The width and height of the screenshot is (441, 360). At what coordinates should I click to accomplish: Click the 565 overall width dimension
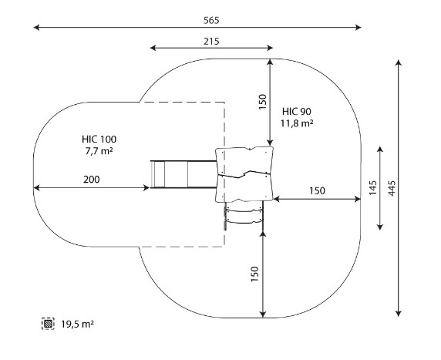tap(211, 21)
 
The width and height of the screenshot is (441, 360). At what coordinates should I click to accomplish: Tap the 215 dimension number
tap(211, 42)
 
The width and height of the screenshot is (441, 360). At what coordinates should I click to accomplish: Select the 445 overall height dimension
tap(392, 188)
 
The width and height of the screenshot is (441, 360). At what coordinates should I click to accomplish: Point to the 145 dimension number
tap(372, 188)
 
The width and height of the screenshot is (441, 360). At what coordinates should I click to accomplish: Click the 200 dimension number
tap(92, 180)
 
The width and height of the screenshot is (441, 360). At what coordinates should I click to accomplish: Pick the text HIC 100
tap(99, 140)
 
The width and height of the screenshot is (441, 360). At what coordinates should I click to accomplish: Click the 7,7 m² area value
tap(99, 151)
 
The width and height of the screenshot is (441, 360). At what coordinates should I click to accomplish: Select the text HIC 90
tap(297, 112)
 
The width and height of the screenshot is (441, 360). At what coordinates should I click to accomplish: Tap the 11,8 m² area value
tap(297, 123)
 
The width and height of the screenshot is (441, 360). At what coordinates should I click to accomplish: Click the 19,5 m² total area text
tap(78, 324)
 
